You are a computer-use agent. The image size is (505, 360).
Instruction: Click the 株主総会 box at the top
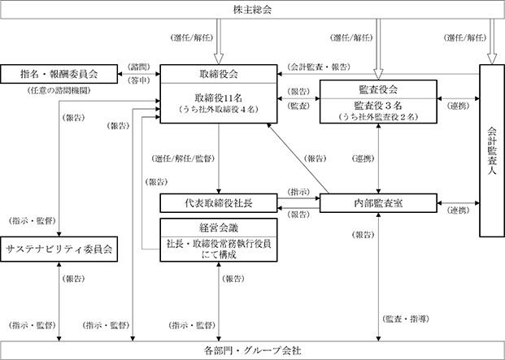click(252, 10)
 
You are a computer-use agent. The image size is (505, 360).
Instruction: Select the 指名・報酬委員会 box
click(59, 74)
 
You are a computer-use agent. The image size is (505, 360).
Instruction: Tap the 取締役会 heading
click(219, 74)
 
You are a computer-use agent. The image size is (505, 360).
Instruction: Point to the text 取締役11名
click(219, 98)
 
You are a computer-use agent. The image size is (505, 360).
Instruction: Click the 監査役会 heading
click(378, 89)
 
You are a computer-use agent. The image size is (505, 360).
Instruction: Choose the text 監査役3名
click(378, 105)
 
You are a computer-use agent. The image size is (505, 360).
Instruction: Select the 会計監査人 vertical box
click(492, 150)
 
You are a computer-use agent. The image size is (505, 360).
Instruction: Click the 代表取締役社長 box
click(219, 203)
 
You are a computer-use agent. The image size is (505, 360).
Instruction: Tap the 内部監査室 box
click(378, 203)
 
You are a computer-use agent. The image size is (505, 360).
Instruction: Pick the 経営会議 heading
click(219, 228)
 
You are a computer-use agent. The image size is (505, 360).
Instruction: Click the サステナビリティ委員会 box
click(59, 249)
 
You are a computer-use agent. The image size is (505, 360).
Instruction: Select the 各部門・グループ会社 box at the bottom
click(252, 350)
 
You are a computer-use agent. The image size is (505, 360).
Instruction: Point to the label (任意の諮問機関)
click(59, 91)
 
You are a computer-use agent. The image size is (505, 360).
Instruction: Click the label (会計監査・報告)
click(319, 67)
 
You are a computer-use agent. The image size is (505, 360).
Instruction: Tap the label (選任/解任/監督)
click(183, 158)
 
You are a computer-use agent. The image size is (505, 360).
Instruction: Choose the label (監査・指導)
click(406, 319)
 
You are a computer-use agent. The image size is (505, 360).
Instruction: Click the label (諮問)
click(139, 67)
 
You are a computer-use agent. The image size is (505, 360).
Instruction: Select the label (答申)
click(139, 80)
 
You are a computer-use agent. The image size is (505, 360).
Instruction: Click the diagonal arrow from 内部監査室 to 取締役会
click(298, 158)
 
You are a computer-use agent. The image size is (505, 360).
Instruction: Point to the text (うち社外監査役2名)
click(378, 117)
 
